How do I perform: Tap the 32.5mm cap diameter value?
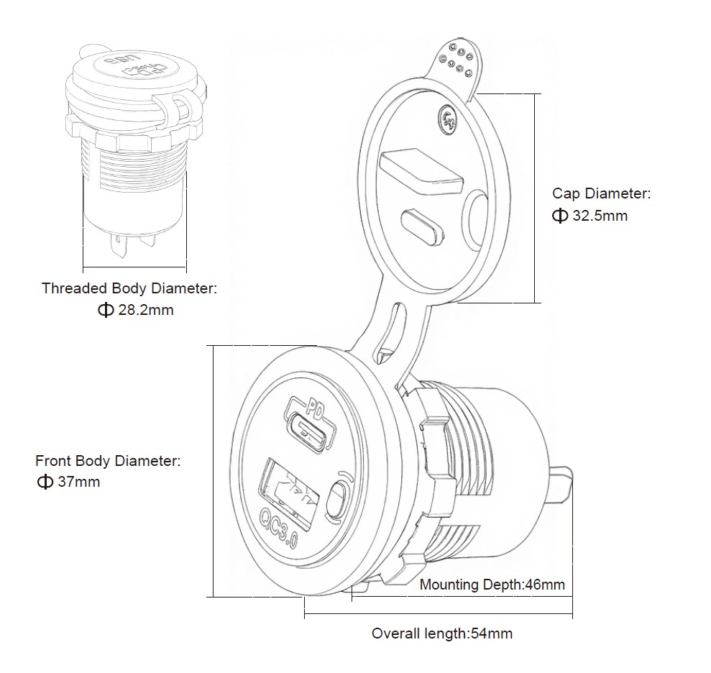click(x=600, y=216)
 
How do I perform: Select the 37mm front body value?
click(x=78, y=482)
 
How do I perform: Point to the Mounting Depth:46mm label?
click(x=492, y=585)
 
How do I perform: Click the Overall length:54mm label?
click(x=441, y=633)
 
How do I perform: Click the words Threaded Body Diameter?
click(x=129, y=288)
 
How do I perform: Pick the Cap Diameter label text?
click(x=601, y=193)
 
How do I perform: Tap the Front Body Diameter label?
click(x=108, y=460)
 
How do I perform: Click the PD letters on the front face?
click(x=314, y=408)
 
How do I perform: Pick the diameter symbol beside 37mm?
click(x=45, y=482)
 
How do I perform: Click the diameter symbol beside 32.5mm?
click(x=560, y=216)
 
